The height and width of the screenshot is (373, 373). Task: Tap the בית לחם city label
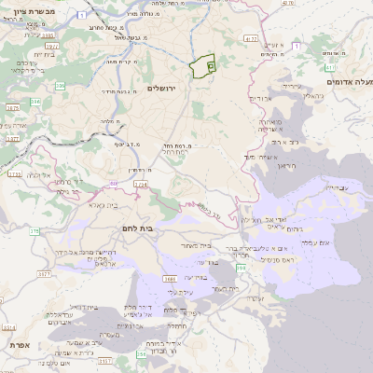(x=136, y=227)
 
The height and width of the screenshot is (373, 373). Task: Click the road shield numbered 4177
(x=249, y=40)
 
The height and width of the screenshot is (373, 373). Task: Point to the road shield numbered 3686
(x=170, y=278)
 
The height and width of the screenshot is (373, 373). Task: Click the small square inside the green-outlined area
(x=210, y=66)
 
